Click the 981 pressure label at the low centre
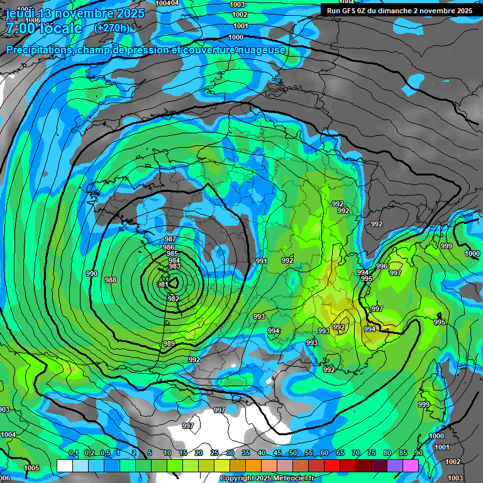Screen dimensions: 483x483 point(162,284)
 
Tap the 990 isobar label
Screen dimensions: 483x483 point(92,274)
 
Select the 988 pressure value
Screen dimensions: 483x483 point(111,280)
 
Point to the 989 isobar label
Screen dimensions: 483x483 point(169,343)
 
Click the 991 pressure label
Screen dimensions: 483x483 point(262,261)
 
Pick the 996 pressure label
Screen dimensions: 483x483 point(382,266)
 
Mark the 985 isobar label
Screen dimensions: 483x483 point(172,254)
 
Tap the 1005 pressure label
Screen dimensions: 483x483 point(31,468)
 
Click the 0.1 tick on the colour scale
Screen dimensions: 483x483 point(74,453)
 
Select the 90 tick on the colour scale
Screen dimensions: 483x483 point(418,453)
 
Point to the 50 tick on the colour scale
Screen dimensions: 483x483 point(293,453)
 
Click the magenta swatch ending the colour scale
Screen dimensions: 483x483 point(411,465)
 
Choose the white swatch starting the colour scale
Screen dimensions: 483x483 point(64,465)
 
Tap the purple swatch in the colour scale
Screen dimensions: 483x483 point(395,465)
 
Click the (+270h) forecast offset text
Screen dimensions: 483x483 point(111,28)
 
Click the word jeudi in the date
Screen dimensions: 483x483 point(21,13)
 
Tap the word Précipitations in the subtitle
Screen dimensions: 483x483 point(38,50)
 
